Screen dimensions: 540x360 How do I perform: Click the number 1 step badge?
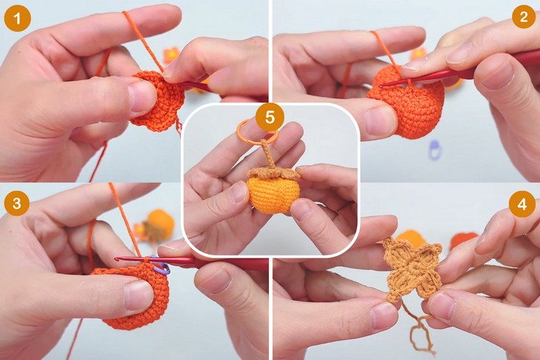point(17,19)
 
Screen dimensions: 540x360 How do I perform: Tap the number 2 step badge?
point(524,16)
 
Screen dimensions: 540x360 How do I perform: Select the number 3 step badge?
point(17,203)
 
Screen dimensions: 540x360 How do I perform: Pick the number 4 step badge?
point(522,204)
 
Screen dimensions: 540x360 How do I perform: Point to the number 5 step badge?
point(270,118)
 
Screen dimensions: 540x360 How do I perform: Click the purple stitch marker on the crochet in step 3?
point(160,265)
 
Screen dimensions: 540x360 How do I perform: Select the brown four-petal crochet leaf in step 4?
point(413,270)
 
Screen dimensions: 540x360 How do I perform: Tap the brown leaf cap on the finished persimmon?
point(273,173)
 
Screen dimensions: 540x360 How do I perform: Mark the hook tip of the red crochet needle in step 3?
point(117,259)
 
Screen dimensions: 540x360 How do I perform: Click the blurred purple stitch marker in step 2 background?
point(435,150)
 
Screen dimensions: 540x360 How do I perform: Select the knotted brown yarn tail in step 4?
point(419,327)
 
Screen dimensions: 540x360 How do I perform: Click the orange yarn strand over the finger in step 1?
point(142,41)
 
